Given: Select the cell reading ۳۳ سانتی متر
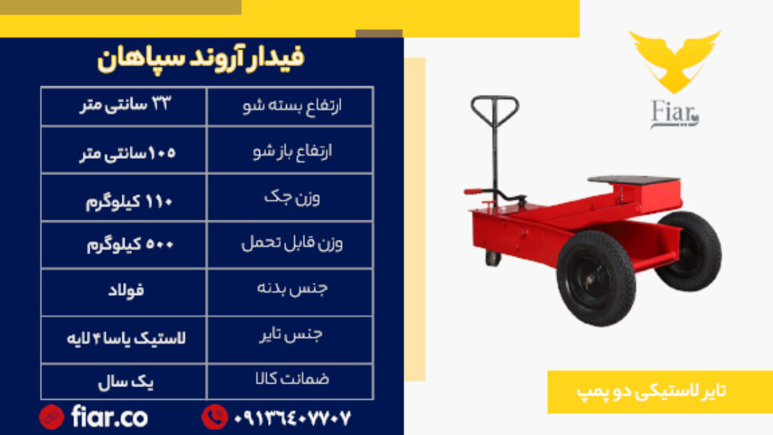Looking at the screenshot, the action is [124, 106].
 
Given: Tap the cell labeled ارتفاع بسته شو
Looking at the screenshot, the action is [291, 106].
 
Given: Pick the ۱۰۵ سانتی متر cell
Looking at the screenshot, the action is [124, 150].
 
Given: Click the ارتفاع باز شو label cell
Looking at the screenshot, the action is [291, 150].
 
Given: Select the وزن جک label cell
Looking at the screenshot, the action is [291, 197].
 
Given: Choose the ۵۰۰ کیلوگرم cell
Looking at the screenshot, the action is [124, 244].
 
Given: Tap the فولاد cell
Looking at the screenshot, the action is [124, 292].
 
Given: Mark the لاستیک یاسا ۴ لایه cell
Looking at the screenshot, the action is [124, 340].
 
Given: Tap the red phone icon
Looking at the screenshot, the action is [214, 417].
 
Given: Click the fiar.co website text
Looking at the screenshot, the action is [109, 417].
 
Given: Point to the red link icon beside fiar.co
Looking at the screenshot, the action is [51, 418].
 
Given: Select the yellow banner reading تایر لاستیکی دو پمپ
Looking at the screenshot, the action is [660, 391].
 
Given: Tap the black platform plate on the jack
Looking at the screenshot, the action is [634, 180].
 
